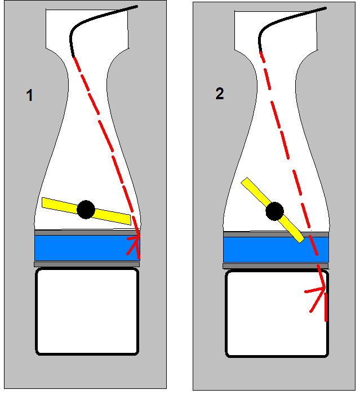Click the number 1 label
(x=29, y=96)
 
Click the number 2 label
(x=219, y=94)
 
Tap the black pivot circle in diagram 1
(x=86, y=209)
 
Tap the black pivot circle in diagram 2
(x=274, y=211)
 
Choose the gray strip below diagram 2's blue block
(x=270, y=266)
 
